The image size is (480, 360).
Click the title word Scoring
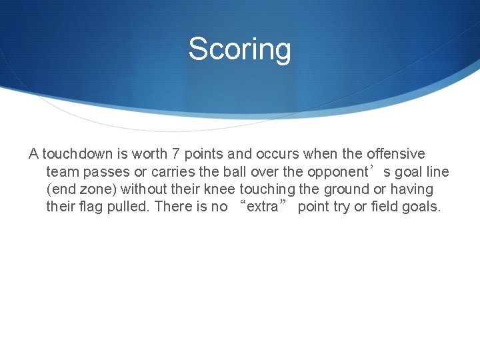point(239,49)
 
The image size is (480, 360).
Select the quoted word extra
point(262,207)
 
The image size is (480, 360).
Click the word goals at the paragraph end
point(421,207)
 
